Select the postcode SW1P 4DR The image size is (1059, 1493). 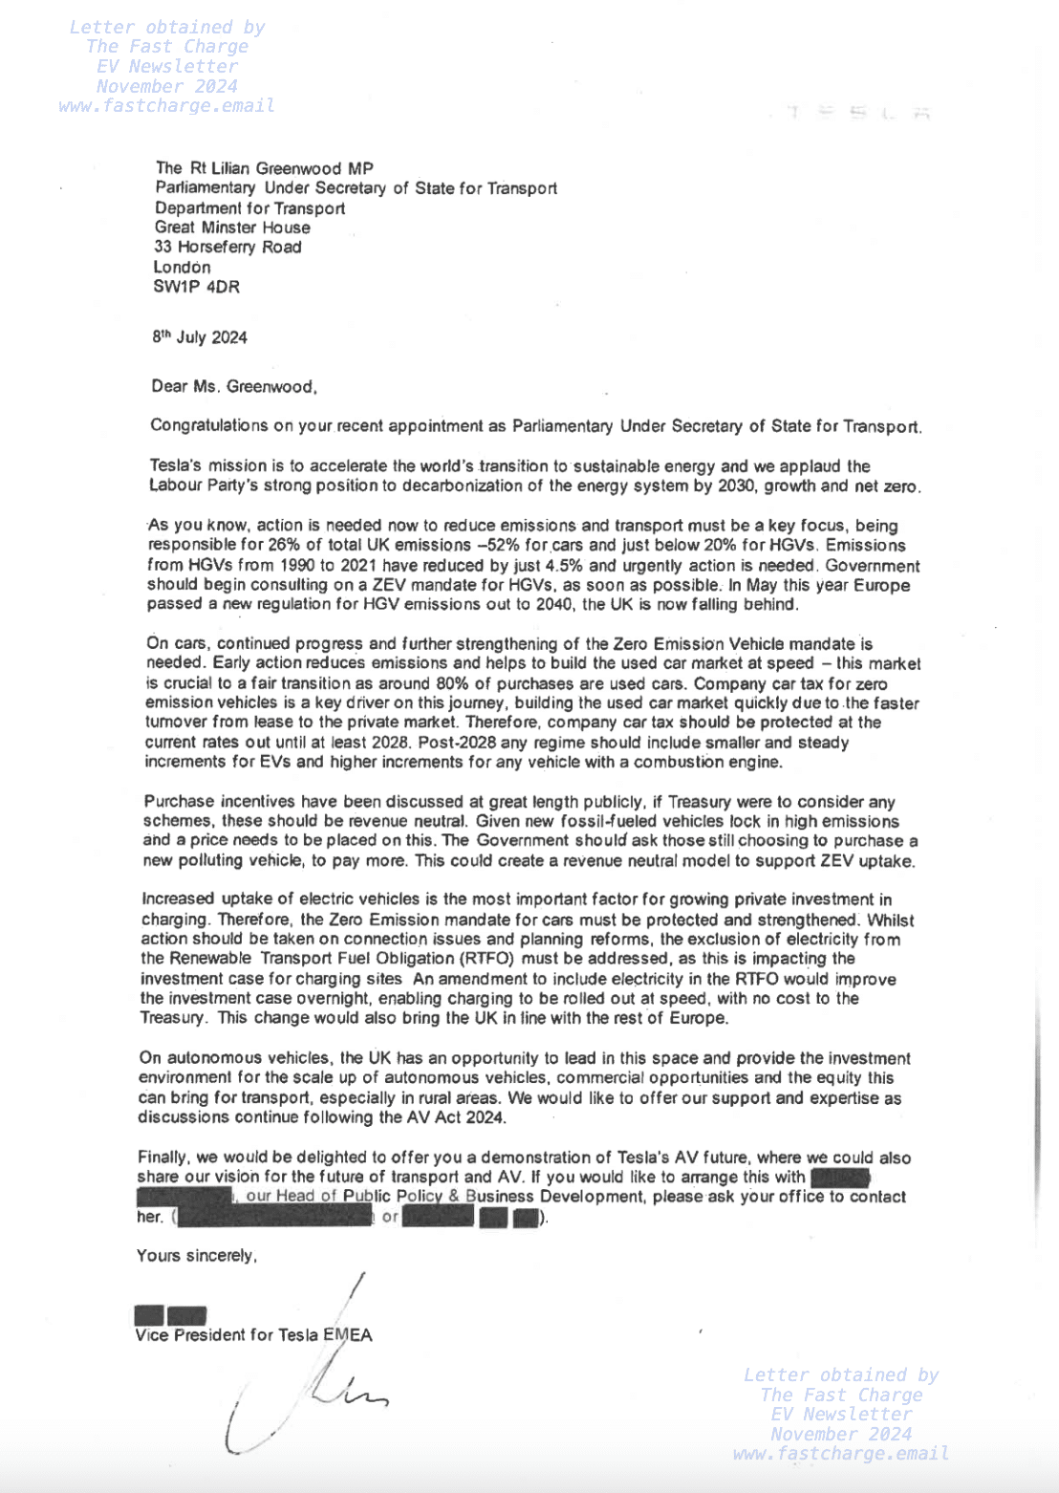point(196,287)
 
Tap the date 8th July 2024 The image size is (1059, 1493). point(199,337)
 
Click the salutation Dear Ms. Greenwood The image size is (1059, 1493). point(233,387)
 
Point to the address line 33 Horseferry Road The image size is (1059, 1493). point(227,248)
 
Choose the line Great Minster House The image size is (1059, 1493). point(232,227)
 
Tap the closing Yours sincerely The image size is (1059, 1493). point(196,1256)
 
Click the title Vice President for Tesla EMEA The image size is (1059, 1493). point(253,1335)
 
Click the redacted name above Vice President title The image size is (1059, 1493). point(170,1316)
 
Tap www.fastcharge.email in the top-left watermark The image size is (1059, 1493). point(166,106)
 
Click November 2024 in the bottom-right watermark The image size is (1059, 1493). point(840,1434)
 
